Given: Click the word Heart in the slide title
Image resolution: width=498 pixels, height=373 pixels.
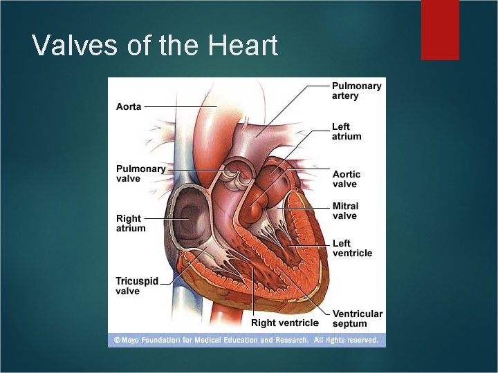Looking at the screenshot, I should (242, 46).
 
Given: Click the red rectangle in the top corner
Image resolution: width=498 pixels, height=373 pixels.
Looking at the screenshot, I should (440, 29).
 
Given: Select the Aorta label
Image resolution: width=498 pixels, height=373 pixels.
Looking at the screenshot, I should (129, 107).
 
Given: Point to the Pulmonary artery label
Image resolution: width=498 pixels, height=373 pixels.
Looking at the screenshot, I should (356, 90).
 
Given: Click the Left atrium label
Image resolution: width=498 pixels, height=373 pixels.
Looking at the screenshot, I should (347, 131).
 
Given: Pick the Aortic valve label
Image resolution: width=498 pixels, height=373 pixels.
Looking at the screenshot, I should (346, 179).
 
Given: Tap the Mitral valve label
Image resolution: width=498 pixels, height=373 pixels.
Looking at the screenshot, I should (345, 211).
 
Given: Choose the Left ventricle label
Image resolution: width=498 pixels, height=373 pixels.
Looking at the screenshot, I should (352, 248).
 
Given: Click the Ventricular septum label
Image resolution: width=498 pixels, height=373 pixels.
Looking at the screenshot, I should (357, 318).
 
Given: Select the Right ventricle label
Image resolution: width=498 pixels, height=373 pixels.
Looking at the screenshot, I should (285, 323).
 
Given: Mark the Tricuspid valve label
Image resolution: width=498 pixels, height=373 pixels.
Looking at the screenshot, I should (137, 286).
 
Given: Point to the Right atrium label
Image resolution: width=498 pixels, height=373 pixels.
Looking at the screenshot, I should (131, 223).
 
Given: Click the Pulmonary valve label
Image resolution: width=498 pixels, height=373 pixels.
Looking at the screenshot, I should (140, 173).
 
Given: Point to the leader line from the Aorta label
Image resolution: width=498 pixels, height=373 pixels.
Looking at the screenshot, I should (180, 107).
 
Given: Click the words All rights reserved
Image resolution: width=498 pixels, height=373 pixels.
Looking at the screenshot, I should (346, 340).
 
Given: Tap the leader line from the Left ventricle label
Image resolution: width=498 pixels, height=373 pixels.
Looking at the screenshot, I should (311, 245).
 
